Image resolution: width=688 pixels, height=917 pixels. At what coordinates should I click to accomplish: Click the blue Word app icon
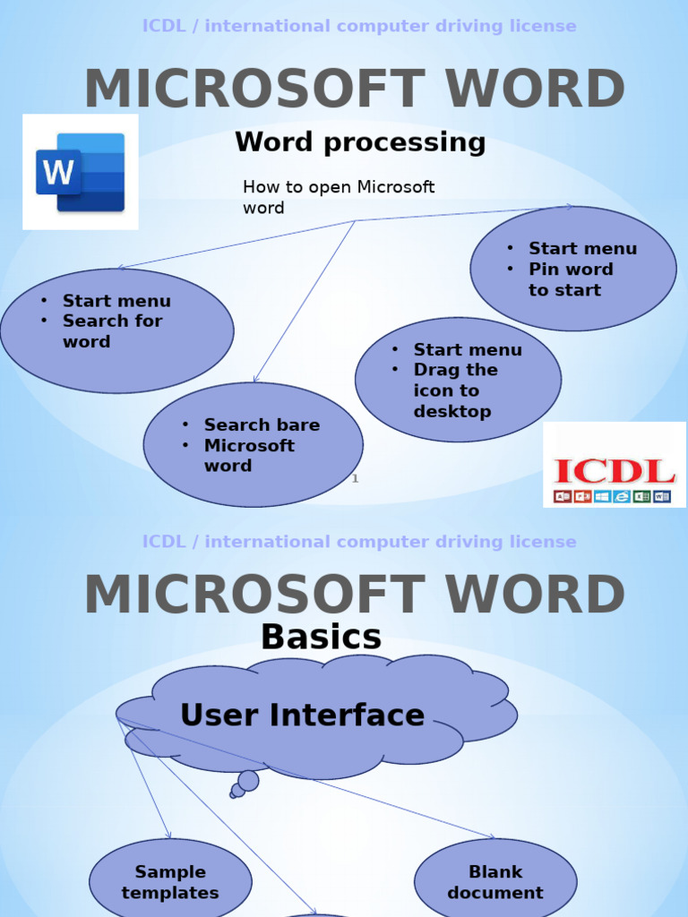click(81, 172)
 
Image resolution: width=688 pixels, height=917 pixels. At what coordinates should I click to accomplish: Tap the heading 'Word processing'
click(360, 142)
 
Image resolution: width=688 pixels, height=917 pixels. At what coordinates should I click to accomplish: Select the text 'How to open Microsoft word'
click(339, 197)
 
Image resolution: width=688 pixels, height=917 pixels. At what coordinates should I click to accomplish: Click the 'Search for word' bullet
click(111, 331)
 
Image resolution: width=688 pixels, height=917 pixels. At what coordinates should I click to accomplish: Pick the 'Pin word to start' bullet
click(571, 279)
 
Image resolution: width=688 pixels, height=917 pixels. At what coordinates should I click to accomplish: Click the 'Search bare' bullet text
click(261, 425)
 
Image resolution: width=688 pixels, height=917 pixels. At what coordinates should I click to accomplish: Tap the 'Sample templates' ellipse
click(170, 882)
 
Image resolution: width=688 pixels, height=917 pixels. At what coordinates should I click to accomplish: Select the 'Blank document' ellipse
click(494, 882)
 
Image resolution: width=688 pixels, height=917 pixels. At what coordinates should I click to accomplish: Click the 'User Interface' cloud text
click(302, 715)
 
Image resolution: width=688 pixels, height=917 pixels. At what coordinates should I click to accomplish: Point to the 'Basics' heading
click(321, 638)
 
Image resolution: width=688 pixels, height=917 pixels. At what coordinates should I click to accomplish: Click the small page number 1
click(355, 479)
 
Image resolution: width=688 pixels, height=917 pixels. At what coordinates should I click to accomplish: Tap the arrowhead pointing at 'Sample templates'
click(168, 836)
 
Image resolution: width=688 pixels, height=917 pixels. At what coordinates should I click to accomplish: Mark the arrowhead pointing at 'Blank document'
click(491, 837)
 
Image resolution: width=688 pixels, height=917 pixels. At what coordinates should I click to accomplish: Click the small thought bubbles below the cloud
click(243, 784)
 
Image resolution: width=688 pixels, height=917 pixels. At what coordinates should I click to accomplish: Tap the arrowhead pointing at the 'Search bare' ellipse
click(256, 380)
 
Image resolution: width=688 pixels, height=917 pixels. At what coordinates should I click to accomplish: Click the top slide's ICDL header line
click(359, 26)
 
